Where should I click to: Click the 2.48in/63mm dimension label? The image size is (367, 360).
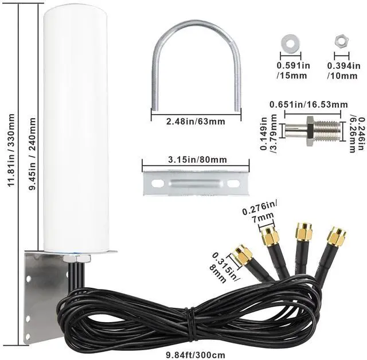click(188, 121)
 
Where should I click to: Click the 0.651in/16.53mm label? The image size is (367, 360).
click(309, 105)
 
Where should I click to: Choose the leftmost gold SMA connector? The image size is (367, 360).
click(243, 256)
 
